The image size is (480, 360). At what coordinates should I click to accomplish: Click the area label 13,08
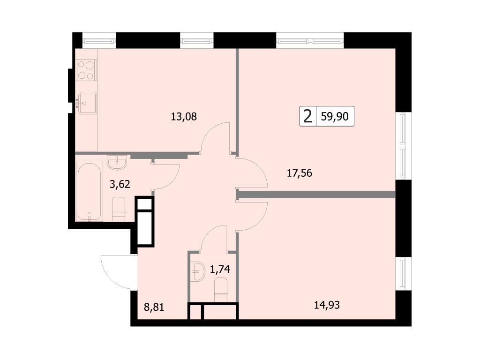[x=184, y=117]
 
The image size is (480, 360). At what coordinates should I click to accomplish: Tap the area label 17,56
[x=300, y=173]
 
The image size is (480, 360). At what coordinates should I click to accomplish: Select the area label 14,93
[x=327, y=305]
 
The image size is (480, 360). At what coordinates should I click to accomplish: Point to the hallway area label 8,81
[x=154, y=307]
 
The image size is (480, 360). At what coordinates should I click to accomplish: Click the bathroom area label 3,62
[x=120, y=184]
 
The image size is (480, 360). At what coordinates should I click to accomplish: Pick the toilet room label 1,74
[x=220, y=269]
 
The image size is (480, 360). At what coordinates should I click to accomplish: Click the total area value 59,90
[x=335, y=116]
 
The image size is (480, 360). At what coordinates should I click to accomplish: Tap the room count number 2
[x=307, y=116]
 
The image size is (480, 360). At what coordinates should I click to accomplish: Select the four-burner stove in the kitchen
[x=86, y=70]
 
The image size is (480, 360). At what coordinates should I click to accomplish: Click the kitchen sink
[x=87, y=104]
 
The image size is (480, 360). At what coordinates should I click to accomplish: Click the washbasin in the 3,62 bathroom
[x=117, y=162]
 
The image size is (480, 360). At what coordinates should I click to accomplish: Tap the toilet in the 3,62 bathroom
[x=119, y=209]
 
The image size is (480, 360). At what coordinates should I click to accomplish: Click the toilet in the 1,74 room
[x=221, y=290]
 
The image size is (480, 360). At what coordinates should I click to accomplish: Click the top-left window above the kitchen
[x=99, y=40]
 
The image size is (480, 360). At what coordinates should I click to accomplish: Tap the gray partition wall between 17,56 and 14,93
[x=316, y=195]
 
